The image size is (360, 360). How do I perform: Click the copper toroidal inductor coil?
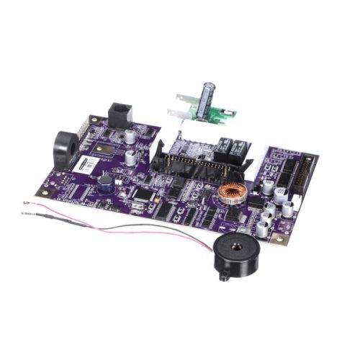232,192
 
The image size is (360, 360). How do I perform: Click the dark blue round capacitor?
106,183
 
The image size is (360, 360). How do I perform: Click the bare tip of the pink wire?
26,204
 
